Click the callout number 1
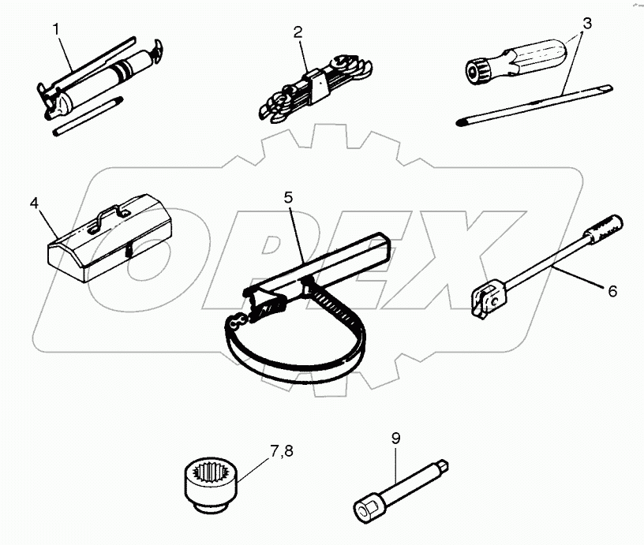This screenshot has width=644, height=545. tap(57, 30)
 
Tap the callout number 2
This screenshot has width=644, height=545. tap(297, 32)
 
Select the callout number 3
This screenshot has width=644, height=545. tap(584, 23)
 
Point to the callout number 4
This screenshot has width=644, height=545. tap(34, 203)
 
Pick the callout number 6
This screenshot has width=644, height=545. tap(611, 290)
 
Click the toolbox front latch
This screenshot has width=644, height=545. tap(127, 252)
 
